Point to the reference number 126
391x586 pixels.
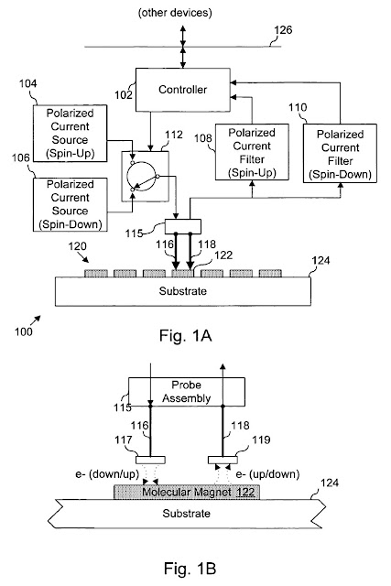283,30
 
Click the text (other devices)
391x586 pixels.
175,13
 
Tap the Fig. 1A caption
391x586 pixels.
185,335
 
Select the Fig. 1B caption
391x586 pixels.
190,569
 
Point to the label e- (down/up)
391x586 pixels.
107,474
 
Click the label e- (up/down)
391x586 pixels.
267,474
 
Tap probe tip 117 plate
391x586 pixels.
150,460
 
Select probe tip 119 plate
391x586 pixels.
223,460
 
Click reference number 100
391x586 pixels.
23,331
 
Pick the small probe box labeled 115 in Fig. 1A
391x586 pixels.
183,226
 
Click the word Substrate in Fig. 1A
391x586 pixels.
183,291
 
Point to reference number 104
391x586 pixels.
28,83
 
